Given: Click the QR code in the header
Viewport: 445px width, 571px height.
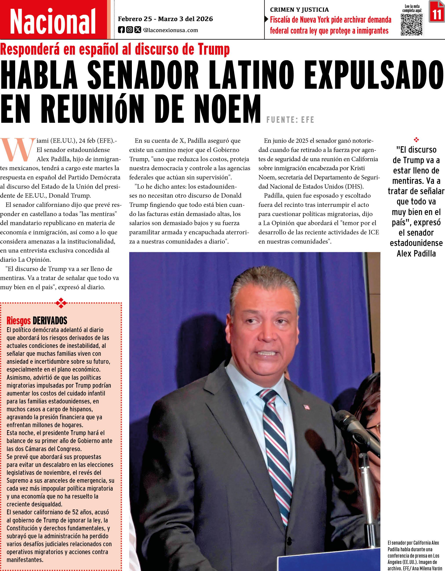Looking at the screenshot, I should [412, 25].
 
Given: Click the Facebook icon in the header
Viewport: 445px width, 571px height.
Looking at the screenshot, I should [121, 30].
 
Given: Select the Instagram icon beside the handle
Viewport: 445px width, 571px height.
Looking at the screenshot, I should [129, 30].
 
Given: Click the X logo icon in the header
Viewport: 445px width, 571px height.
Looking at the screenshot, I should [138, 30].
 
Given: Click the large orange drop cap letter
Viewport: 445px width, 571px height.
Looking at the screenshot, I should [18, 150].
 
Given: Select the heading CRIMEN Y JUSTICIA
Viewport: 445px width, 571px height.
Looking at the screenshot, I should [299, 10].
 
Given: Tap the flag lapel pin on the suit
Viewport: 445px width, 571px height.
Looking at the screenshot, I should [306, 407].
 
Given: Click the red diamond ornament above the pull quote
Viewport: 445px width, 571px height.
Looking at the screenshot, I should [416, 140].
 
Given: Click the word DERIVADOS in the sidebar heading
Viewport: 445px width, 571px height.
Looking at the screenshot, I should [50, 321].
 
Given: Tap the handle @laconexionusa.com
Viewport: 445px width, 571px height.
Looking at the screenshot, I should [170, 30].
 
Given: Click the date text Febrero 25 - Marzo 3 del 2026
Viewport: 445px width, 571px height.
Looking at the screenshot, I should [165, 19].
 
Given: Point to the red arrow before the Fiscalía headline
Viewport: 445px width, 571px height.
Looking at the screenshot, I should [267, 19].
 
